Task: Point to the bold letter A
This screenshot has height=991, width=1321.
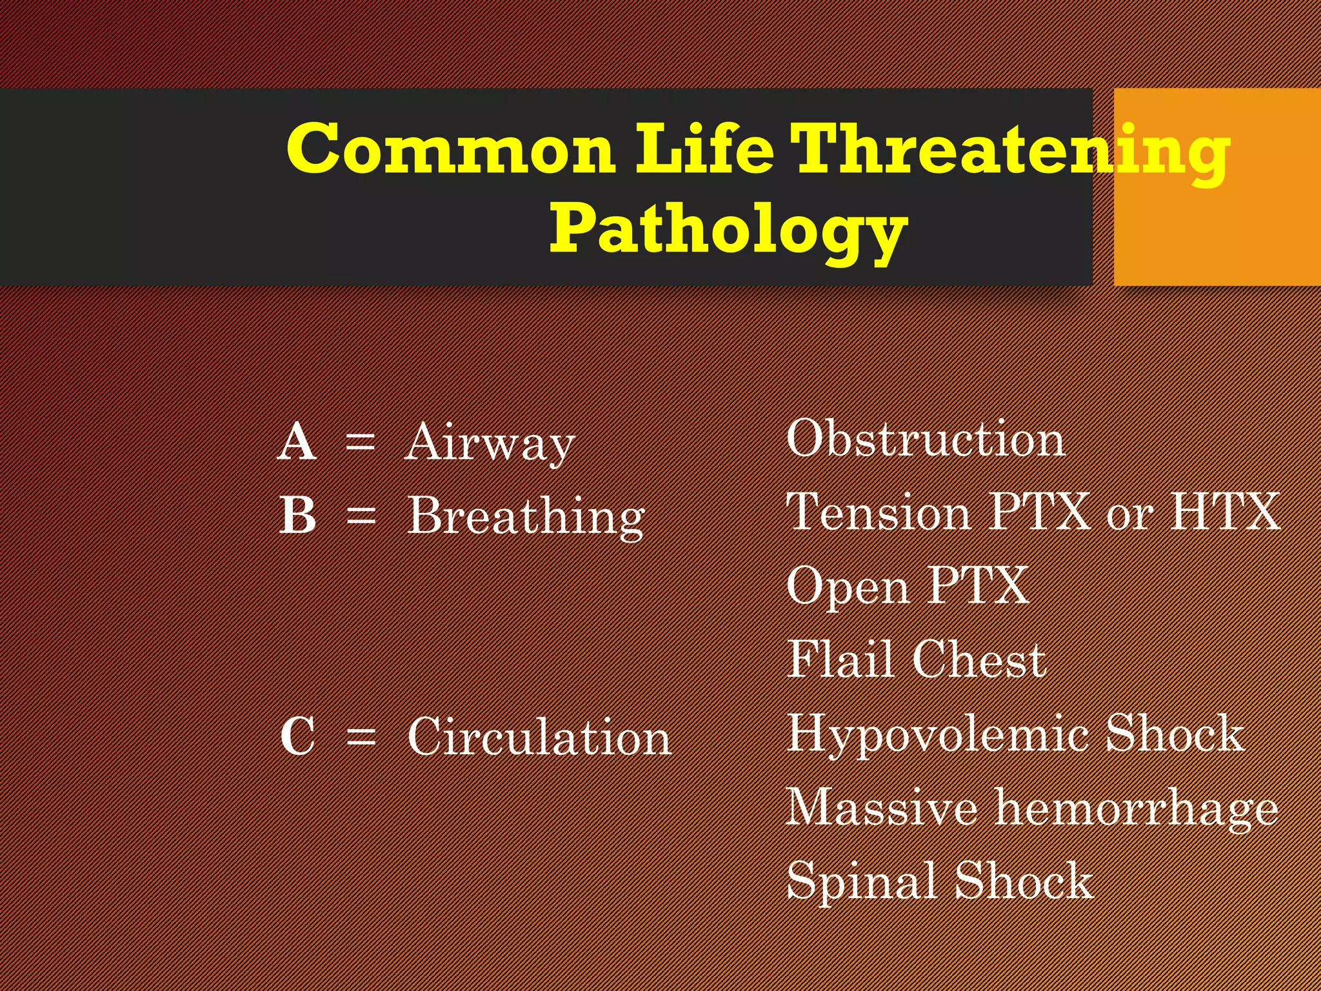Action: [297, 443]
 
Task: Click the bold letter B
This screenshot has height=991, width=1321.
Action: [298, 516]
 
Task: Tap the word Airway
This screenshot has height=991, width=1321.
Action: [490, 444]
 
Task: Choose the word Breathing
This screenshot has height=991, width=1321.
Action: [526, 517]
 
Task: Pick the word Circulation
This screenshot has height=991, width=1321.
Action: [539, 737]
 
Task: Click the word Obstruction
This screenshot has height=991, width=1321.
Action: [926, 439]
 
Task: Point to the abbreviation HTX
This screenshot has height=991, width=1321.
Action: [1226, 512]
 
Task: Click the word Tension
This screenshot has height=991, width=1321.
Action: [879, 512]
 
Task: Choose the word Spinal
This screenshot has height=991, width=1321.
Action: [862, 881]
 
